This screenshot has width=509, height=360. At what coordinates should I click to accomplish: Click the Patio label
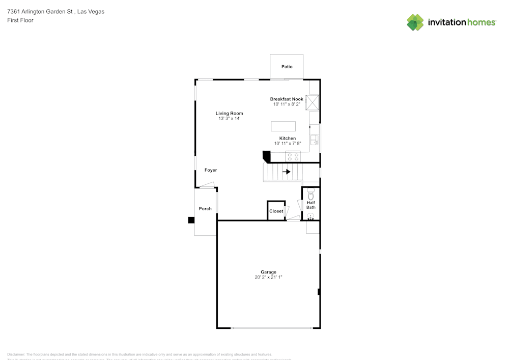[x=287, y=67]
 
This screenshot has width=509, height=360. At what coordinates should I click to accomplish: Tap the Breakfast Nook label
[x=287, y=99]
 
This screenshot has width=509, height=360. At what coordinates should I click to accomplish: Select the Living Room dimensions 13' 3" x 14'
[x=229, y=118]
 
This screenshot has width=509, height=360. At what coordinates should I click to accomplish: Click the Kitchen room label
[x=288, y=139]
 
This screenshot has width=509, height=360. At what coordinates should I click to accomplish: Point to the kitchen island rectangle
[x=283, y=126]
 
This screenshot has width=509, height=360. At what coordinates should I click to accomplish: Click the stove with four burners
[x=293, y=157]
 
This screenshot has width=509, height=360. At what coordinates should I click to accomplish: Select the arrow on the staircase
[x=287, y=172]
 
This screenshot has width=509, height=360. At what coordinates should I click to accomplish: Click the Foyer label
[x=211, y=170]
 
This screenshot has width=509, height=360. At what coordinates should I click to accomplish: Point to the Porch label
[x=205, y=209]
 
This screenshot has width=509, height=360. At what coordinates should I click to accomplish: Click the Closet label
[x=276, y=211]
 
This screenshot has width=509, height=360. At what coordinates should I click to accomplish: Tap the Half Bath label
[x=310, y=205]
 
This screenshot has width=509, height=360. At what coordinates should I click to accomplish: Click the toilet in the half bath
[x=310, y=195]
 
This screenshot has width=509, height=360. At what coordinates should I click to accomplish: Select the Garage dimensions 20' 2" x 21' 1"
[x=268, y=278]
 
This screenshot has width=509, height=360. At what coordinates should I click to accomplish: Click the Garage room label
[x=269, y=272]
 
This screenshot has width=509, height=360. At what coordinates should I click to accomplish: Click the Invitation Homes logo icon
[x=415, y=22]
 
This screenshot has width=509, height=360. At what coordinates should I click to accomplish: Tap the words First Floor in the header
[x=20, y=20]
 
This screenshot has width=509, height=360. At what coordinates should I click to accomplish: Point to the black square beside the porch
[x=191, y=220]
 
